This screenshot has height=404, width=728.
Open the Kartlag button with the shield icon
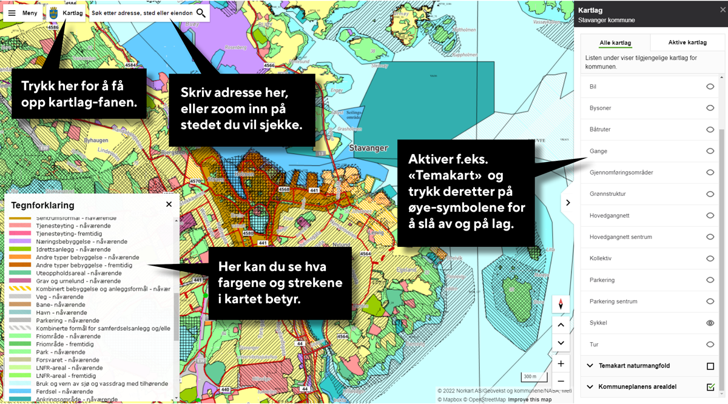66,13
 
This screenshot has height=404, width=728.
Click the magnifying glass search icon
201,13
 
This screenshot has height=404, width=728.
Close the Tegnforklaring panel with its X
169,204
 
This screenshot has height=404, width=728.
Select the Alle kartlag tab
615,42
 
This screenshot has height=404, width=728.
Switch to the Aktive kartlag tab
687,42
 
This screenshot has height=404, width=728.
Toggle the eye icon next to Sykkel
710,323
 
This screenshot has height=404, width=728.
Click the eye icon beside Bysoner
710,108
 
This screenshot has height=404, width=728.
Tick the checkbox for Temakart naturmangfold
710,366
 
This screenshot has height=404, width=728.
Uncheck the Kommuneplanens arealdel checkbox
710,387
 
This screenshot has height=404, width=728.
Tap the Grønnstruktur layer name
607,194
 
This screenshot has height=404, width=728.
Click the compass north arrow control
561,304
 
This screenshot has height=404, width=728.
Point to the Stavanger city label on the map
368,148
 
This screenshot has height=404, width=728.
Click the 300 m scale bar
530,377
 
